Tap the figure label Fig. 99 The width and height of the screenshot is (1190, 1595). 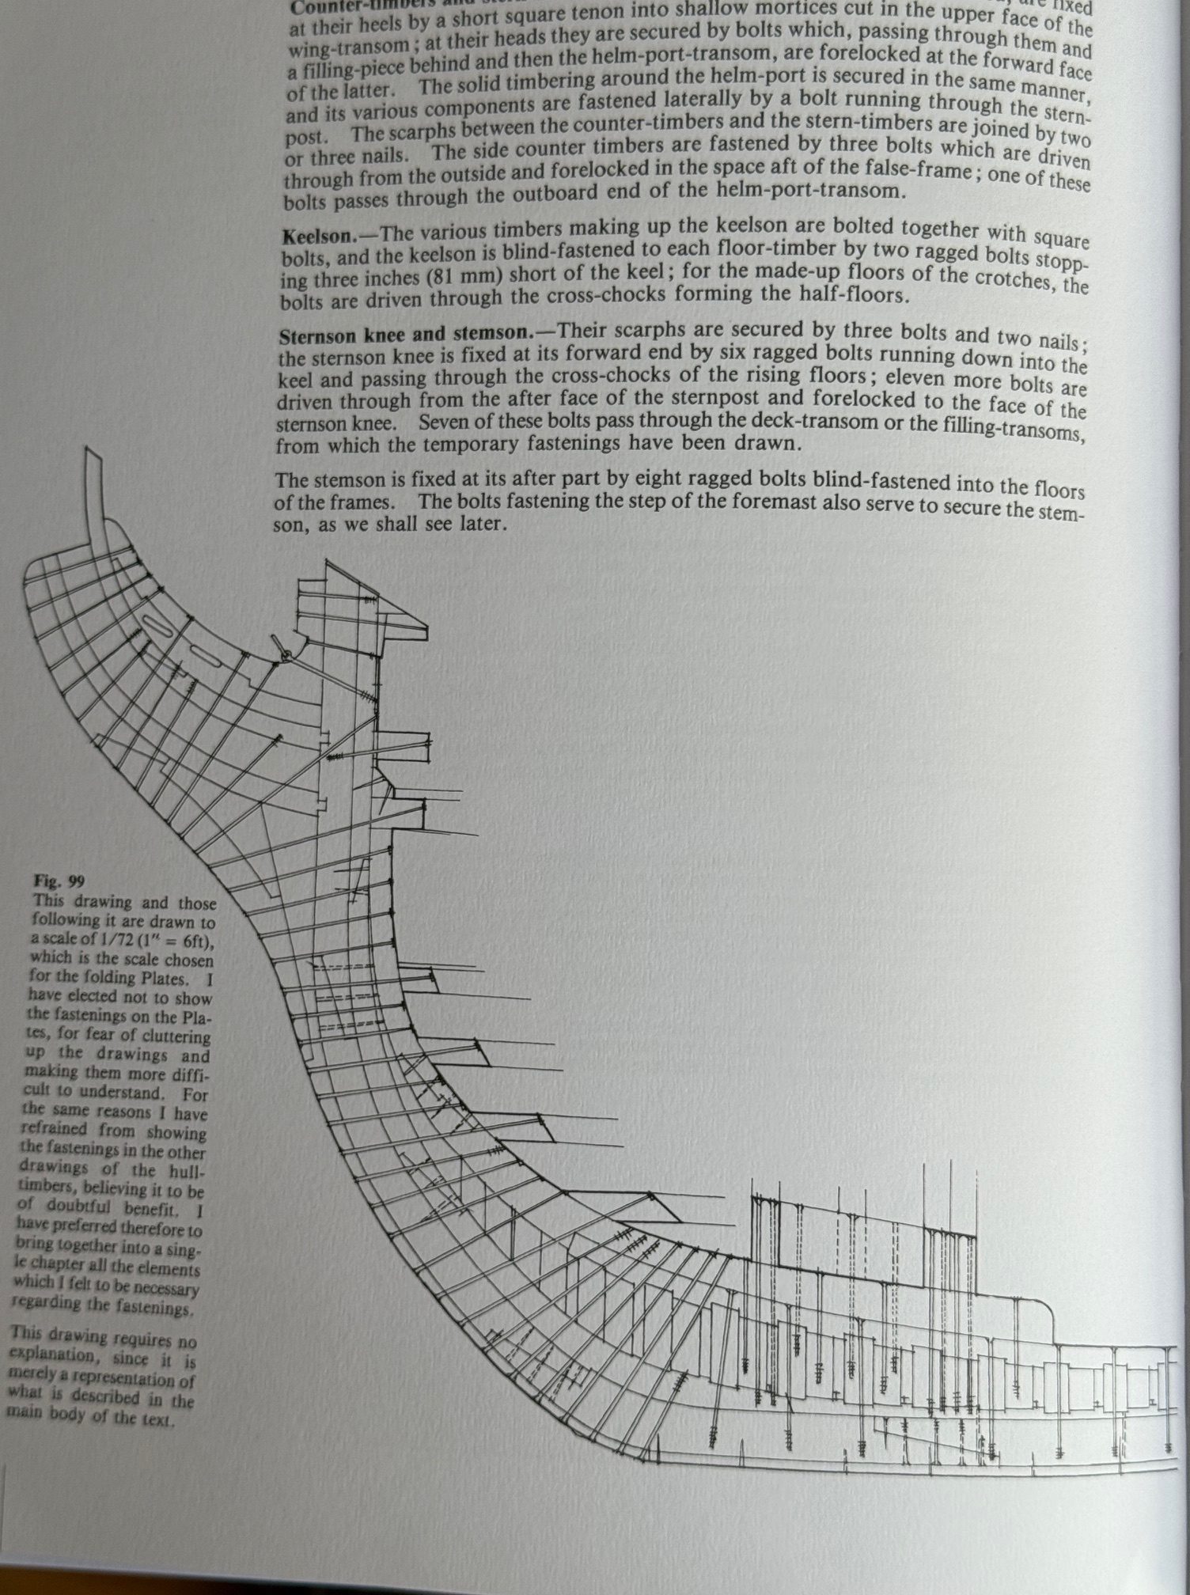click(59, 881)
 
